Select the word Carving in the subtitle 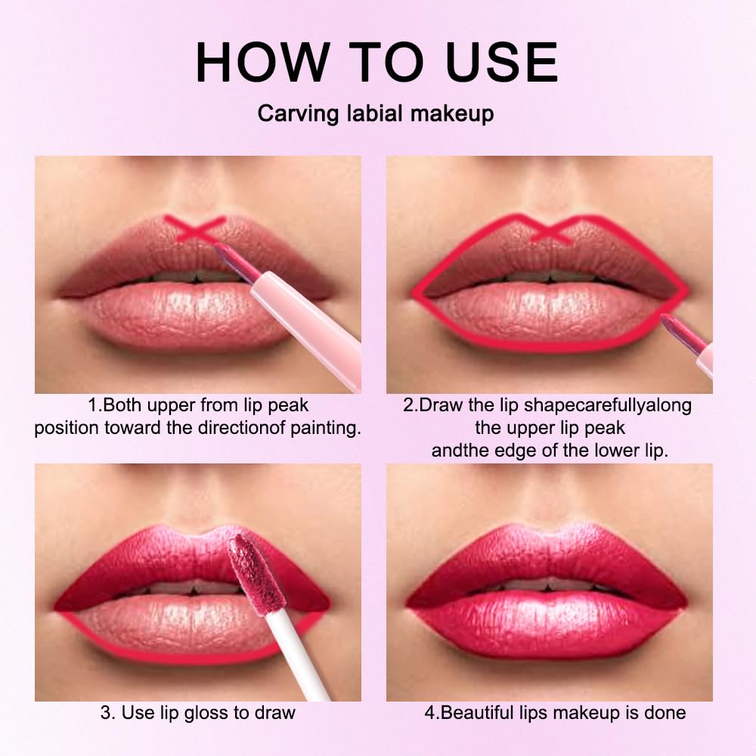(x=296, y=113)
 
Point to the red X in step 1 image (x=196, y=229)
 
